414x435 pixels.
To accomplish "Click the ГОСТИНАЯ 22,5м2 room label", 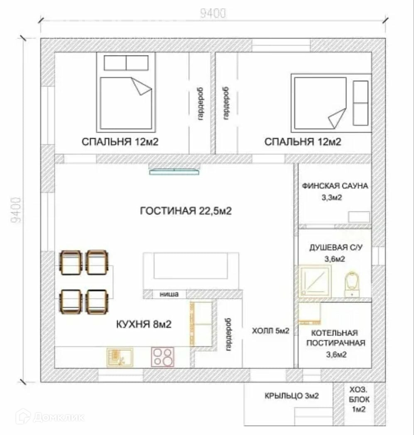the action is point(186,211).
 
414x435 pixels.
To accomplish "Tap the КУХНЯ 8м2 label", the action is point(144,324).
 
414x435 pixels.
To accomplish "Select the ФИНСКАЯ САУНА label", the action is point(335,186).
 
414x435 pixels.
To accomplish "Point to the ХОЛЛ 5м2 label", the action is point(271,331).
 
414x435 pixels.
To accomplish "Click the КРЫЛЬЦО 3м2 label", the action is point(292,396).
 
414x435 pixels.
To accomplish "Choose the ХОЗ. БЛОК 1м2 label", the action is point(359,399).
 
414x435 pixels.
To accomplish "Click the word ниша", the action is point(169,294).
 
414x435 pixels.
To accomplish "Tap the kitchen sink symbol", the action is point(120,357).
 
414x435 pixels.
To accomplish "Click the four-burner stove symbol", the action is point(163,357).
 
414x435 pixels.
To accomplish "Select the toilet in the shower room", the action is point(352,284).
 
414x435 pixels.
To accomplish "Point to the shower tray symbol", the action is point(314,281).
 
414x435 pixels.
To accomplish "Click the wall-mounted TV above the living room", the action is point(174,172).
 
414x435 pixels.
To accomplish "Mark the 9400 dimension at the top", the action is point(213,13).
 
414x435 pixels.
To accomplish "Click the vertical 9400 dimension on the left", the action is point(16,210).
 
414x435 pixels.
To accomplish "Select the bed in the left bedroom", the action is point(126,92).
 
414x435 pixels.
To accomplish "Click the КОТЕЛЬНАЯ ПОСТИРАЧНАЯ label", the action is point(336,338).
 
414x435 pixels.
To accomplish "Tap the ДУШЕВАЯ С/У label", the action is point(336,248).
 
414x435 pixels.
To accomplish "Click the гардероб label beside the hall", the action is point(228,335).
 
